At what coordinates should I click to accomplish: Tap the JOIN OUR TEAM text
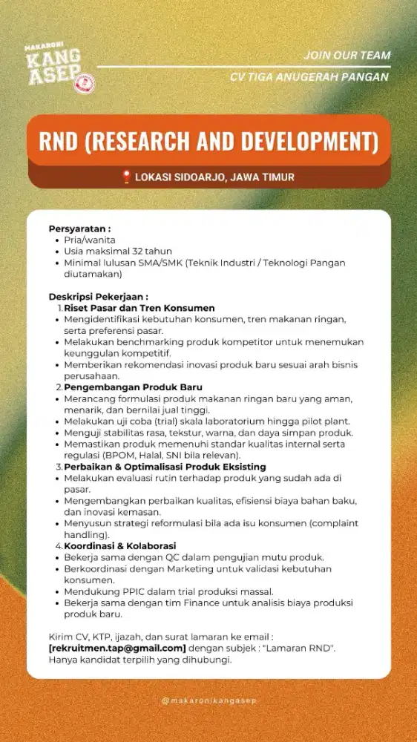347,56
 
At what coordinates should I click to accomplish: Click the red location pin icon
126,177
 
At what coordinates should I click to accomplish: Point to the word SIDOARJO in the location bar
204,177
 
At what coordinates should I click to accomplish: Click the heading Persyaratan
79,228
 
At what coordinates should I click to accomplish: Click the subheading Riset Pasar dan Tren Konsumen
139,307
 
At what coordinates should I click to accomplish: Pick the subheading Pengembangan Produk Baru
134,387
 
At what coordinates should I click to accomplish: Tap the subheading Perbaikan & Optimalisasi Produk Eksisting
165,466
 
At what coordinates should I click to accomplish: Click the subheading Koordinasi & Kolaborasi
119,545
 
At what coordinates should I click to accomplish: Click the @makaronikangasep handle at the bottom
208,700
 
